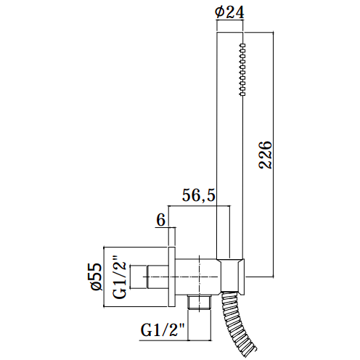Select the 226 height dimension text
tap(266, 155)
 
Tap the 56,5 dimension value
tap(199, 195)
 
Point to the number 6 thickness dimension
tap(161, 220)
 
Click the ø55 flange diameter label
tap(97, 277)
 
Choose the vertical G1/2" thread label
tap(120, 277)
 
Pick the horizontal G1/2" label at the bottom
tap(163, 330)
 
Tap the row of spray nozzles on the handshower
tap(242, 70)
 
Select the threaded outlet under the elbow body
tap(200, 303)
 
